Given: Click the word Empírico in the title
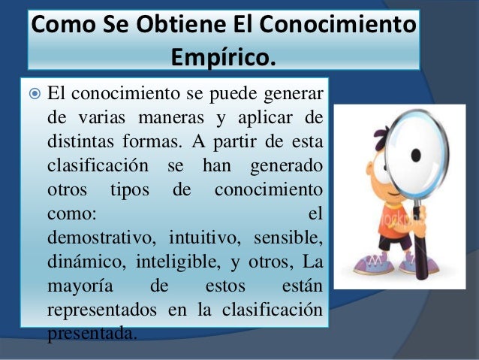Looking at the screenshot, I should pos(223,54).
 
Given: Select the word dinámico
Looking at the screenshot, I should pos(85,261).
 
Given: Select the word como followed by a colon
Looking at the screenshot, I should pos(71,213).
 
